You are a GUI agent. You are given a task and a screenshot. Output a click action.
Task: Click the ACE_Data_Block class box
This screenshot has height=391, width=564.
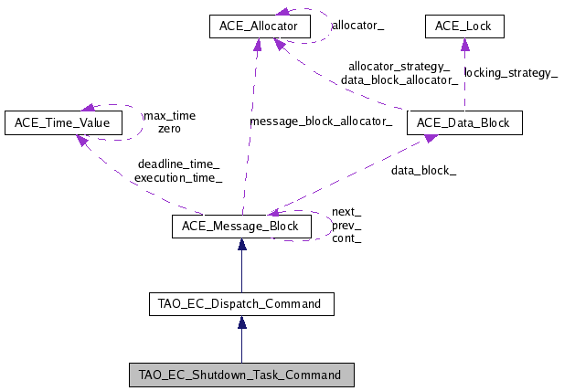464,122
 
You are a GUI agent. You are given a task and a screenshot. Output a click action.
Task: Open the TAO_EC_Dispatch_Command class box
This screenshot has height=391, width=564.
241,303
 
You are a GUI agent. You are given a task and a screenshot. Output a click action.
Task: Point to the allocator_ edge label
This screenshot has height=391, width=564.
357,27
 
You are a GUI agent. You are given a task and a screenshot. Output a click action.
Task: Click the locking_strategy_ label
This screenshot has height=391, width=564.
511,72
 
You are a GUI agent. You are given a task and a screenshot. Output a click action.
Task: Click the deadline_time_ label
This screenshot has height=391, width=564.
178,164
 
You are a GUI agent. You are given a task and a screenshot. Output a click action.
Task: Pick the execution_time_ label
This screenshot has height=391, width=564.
178,178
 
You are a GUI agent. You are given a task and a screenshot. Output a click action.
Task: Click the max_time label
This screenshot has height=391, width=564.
169,116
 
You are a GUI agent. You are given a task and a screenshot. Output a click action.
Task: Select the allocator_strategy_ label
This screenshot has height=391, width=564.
399,66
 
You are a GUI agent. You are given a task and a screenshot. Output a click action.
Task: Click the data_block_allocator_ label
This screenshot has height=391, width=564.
399,79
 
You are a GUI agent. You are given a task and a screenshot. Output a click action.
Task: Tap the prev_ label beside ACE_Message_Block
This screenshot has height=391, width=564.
346,225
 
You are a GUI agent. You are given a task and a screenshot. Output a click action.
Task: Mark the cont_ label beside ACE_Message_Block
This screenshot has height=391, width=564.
346,238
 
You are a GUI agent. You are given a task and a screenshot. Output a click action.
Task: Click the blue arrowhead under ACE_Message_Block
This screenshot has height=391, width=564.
241,245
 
